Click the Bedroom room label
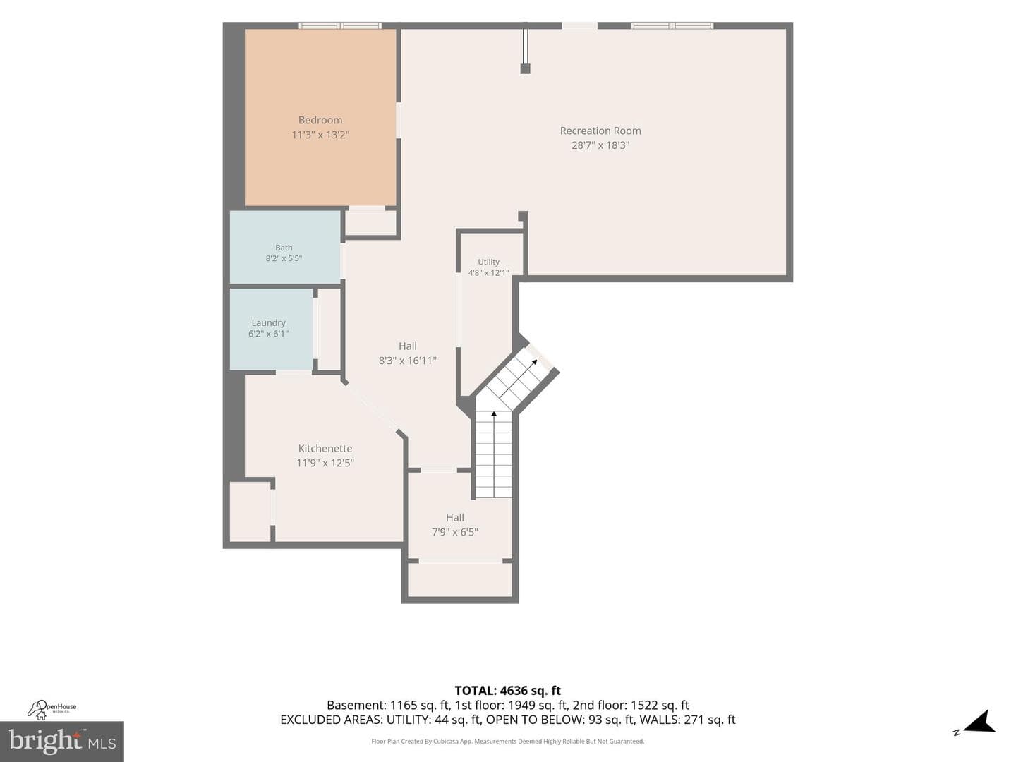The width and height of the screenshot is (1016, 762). tap(320, 120)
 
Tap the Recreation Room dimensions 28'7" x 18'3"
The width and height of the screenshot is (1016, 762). tap(600, 145)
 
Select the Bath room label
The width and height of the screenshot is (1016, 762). tap(284, 248)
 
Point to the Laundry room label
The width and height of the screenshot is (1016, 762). tap(269, 323)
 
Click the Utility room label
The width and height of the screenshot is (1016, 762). tap(488, 262)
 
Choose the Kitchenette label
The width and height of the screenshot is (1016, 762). tap(325, 448)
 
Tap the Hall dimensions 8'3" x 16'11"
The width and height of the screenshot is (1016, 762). tap(407, 361)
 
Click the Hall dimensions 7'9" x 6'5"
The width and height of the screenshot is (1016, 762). tap(454, 532)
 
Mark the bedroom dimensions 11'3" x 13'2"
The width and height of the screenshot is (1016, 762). tap(320, 135)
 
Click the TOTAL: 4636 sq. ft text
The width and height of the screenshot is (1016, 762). tap(508, 691)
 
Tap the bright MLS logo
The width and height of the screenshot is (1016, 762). tap(62, 741)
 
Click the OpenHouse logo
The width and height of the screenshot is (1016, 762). tap(52, 710)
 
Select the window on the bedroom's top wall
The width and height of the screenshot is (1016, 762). tap(340, 25)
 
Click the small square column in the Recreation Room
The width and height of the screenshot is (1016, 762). tap(525, 69)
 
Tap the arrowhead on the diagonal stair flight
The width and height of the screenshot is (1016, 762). tap(535, 362)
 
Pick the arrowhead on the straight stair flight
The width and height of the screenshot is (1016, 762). tap(494, 413)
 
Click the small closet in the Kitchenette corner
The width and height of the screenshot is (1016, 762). tap(250, 512)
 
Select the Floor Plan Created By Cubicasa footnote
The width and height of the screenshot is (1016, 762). tap(508, 741)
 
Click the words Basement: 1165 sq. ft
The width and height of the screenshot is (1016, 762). tap(388, 705)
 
